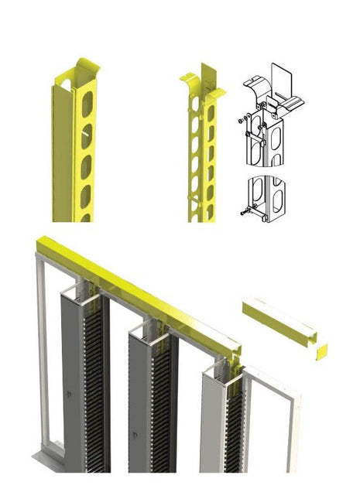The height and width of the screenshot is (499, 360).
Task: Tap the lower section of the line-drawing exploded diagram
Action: click(x=263, y=200)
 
